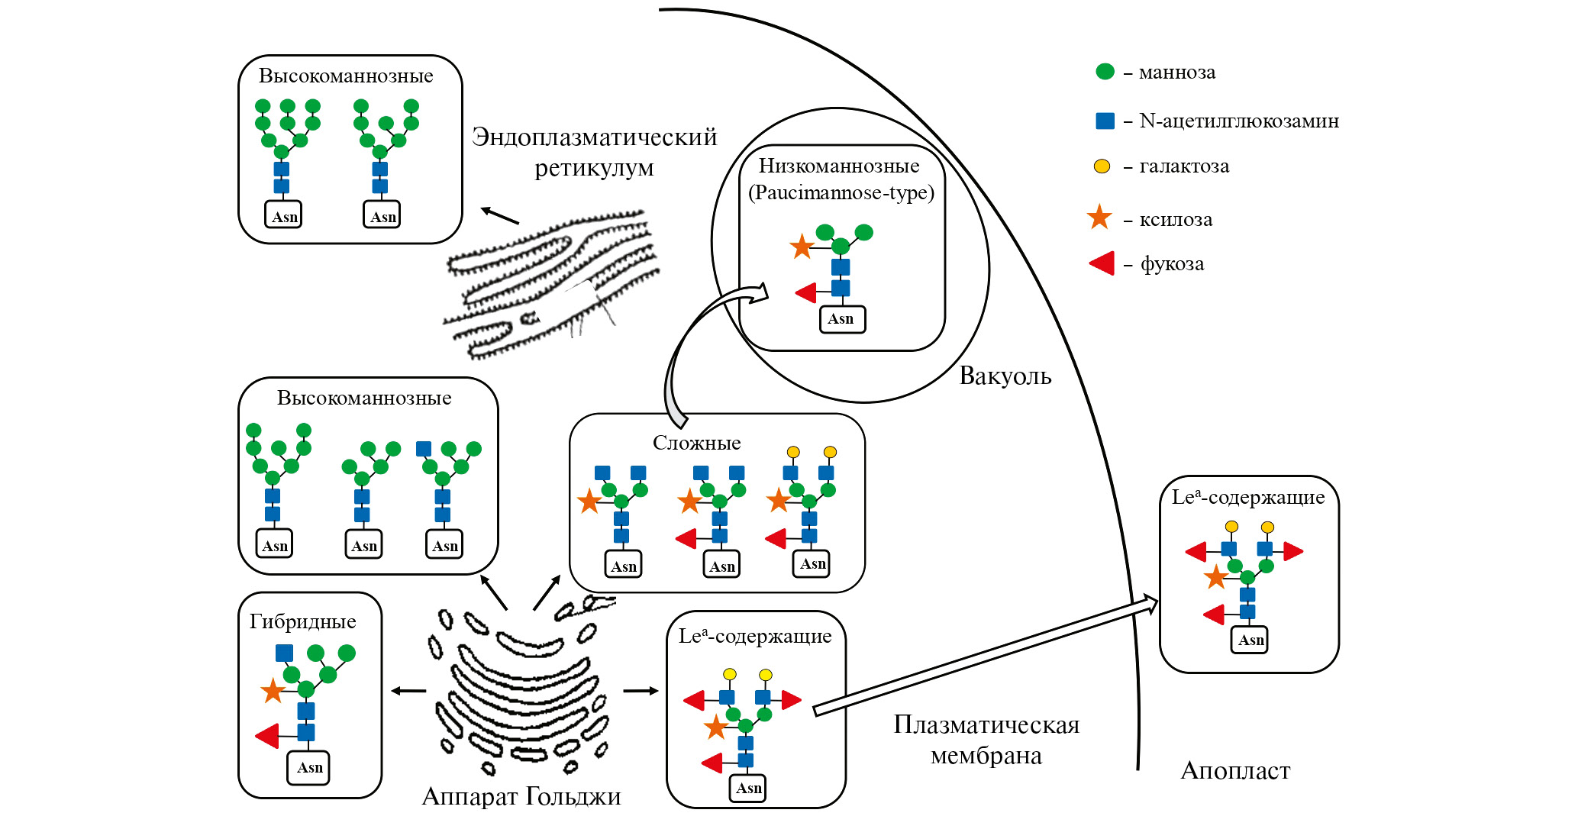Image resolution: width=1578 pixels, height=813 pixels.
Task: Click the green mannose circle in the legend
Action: [1105, 72]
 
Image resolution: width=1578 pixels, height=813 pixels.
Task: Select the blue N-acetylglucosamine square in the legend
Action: [1105, 121]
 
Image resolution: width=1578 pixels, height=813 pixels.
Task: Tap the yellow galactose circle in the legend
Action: [1102, 166]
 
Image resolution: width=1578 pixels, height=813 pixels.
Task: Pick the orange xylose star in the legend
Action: [1099, 218]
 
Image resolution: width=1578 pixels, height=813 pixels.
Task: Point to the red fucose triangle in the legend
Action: [1102, 264]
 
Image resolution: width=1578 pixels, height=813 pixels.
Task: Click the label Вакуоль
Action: [1005, 376]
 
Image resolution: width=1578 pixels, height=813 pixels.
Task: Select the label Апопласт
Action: [1235, 771]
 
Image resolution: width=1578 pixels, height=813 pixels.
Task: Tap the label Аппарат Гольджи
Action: [521, 797]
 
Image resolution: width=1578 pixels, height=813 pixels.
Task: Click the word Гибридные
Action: [302, 621]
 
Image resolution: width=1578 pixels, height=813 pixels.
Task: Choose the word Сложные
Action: [696, 443]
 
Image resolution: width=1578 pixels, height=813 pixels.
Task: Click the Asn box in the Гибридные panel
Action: [309, 767]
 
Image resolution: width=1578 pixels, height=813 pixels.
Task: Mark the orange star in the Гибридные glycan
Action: [273, 691]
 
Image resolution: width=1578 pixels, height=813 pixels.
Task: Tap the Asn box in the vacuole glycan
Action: [841, 319]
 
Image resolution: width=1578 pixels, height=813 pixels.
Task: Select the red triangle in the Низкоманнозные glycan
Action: [806, 292]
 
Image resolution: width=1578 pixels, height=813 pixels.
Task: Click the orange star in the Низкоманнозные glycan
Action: [802, 247]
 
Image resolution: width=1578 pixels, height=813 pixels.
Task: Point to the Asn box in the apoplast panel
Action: [1250, 640]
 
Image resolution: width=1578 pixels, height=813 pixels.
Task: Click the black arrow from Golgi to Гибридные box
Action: [408, 691]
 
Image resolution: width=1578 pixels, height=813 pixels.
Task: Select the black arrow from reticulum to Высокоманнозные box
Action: [500, 216]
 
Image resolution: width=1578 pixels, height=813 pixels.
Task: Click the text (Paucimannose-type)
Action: [841, 192]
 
